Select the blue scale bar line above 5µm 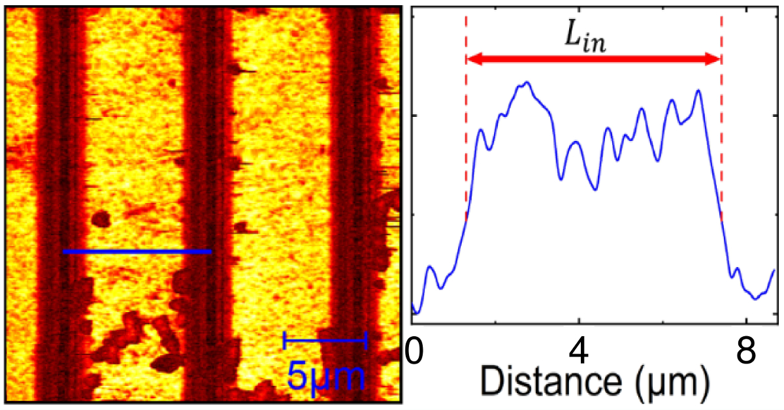tap(325, 339)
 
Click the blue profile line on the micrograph tap(137, 251)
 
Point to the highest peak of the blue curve tap(527, 82)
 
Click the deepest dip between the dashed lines tap(595, 189)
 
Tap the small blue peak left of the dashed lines tap(429, 266)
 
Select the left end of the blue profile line tap(64, 251)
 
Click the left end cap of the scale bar tap(285, 339)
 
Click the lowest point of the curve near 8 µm tap(755, 299)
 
